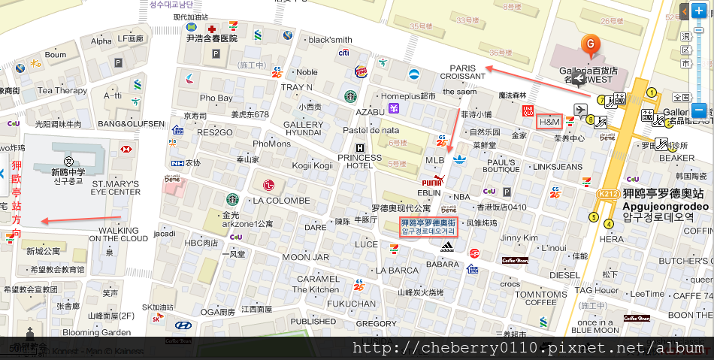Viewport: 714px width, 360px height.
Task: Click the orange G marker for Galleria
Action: pyautogui.click(x=591, y=45)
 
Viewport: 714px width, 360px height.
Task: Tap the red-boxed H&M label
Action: pyautogui.click(x=550, y=121)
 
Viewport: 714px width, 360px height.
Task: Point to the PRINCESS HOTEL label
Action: pyautogui.click(x=360, y=162)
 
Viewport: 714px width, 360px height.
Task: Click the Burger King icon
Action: pyautogui.click(x=361, y=71)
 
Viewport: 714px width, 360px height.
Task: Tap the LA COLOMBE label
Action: pyautogui.click(x=281, y=201)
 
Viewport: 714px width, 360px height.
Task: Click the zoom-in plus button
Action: pyautogui.click(x=699, y=11)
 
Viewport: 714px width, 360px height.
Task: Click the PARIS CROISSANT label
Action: pyautogui.click(x=463, y=71)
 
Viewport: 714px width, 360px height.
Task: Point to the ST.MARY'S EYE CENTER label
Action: pyautogui.click(x=116, y=187)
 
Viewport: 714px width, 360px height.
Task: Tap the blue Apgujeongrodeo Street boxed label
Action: pyautogui.click(x=428, y=227)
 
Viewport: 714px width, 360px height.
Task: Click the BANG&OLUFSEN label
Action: pyautogui.click(x=131, y=123)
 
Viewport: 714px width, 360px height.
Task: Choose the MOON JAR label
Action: pyautogui.click(x=309, y=257)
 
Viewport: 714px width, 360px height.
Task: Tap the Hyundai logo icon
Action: pyautogui.click(x=183, y=325)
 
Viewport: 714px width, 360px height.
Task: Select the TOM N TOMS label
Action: pyautogui.click(x=541, y=295)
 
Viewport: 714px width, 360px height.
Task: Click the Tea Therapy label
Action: pyautogui.click(x=62, y=90)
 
